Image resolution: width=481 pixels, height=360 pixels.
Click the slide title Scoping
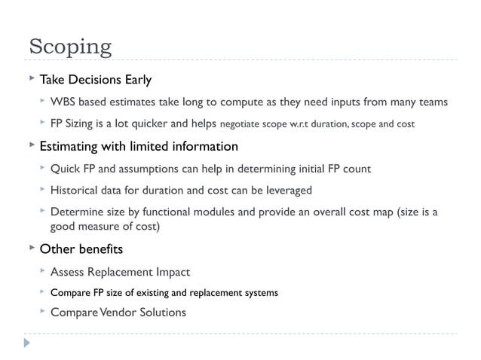[70, 47]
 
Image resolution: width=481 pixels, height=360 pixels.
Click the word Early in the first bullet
[136, 79]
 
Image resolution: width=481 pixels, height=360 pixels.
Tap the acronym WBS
[63, 102]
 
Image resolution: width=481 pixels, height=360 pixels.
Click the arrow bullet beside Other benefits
[31, 248]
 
